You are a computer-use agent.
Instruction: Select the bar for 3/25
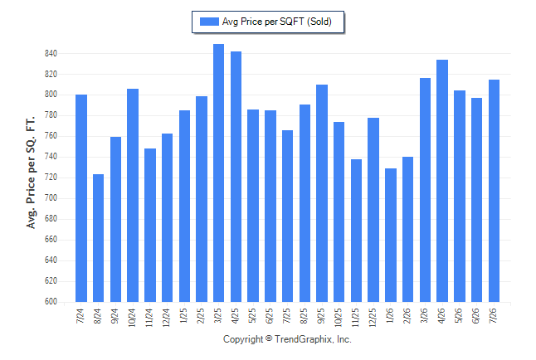point(218,173)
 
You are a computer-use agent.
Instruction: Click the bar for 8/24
point(98,238)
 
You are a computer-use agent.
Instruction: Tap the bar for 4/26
point(442,181)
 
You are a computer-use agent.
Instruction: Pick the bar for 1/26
point(391,236)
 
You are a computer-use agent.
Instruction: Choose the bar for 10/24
point(133,196)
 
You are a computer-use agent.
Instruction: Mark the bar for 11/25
point(356,231)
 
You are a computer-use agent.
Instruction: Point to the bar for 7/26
point(494,191)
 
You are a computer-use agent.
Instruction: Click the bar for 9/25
point(322,193)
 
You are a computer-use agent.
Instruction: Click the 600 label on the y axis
point(51,302)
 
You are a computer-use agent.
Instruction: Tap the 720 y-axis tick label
point(51,178)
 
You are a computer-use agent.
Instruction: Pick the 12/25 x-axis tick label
point(373,318)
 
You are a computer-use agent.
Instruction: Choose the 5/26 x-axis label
point(459,315)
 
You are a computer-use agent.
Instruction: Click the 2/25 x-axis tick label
point(200,315)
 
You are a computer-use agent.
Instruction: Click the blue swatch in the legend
point(209,22)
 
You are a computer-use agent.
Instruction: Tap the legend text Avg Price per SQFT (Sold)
point(277,22)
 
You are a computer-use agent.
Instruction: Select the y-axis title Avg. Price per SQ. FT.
point(31,173)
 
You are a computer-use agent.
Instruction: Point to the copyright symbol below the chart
point(269,338)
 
